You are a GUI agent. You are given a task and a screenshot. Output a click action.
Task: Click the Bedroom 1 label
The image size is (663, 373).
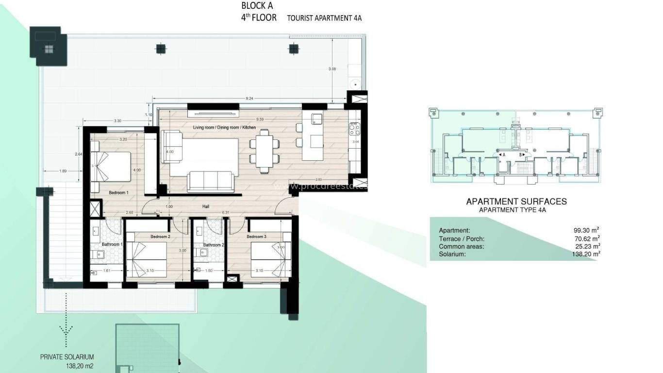click(118, 193)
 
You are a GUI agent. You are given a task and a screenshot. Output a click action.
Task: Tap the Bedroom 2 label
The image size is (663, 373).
click(160, 237)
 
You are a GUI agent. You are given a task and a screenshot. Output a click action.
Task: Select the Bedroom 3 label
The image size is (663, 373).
click(256, 237)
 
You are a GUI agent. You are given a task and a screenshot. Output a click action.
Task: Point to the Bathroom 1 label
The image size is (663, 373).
click(112, 244)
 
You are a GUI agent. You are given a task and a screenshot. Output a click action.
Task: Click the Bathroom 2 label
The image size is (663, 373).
click(214, 245)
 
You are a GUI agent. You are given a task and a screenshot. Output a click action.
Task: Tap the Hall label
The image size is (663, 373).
click(206, 206)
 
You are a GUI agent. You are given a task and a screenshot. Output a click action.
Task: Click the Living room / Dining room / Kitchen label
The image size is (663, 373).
click(224, 127)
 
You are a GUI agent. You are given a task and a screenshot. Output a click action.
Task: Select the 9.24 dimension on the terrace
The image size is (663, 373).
click(250, 99)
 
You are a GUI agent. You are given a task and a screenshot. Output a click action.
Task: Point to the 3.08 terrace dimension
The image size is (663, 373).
click(332, 69)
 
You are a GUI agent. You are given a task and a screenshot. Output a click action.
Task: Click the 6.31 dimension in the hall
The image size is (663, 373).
click(225, 212)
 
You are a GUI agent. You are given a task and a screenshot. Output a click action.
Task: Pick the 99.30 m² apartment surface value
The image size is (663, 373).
click(587, 230)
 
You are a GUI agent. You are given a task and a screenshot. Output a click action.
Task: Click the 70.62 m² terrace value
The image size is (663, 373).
click(587, 238)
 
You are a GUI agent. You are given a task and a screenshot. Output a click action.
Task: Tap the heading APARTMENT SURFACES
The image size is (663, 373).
click(516, 202)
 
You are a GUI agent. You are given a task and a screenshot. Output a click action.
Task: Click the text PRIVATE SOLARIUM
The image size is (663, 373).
click(67, 357)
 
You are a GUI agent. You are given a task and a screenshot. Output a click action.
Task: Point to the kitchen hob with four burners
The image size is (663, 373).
click(354, 129)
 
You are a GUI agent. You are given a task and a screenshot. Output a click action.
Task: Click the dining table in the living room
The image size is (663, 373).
click(265, 151)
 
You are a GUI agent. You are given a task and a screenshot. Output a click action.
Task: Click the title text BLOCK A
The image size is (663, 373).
click(257, 6)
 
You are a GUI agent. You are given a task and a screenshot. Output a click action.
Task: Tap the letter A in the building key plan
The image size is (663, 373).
click(505, 154)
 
